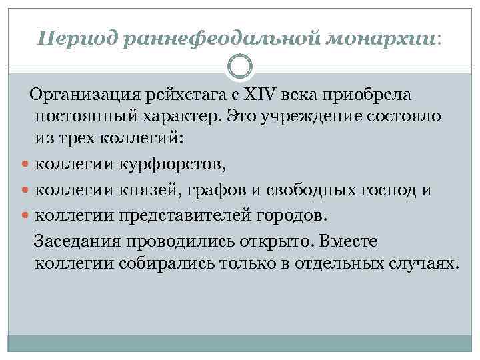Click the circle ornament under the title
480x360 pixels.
240,67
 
